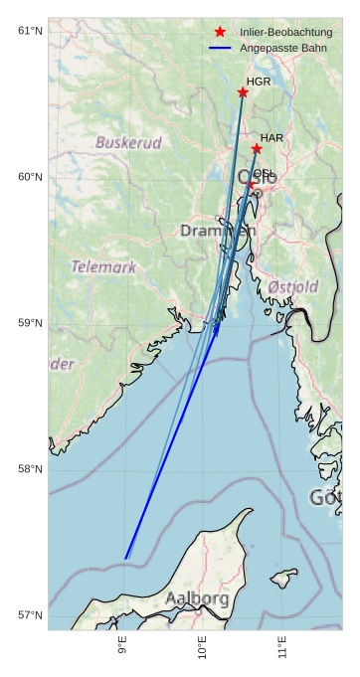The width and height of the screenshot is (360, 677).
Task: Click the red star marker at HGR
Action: [243, 92]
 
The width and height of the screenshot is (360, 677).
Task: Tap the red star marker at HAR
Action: [257, 149]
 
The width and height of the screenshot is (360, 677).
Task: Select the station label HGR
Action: [258, 82]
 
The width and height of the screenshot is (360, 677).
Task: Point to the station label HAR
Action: [271, 137]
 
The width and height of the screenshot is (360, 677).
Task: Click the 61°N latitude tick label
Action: [31, 31]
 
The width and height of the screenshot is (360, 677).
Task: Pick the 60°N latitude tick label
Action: [31, 177]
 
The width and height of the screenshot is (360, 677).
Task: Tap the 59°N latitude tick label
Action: [31, 323]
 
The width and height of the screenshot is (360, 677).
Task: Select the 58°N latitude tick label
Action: [31, 469]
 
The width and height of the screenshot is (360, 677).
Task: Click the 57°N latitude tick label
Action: [31, 615]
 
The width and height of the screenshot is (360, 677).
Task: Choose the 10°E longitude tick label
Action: [203, 652]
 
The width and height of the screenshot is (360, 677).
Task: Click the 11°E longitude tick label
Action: [282, 652]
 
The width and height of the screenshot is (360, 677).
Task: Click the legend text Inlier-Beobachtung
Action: [285, 33]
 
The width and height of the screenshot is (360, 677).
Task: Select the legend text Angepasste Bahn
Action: [282, 48]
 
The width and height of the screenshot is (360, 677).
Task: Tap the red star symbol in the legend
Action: [220, 33]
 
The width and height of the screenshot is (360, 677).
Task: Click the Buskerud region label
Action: [128, 143]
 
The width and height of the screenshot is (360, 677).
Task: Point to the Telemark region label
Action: [103, 267]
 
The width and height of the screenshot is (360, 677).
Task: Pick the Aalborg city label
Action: [197, 598]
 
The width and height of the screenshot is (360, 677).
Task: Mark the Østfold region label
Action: [293, 287]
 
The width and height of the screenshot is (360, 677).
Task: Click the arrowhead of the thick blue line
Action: [217, 328]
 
